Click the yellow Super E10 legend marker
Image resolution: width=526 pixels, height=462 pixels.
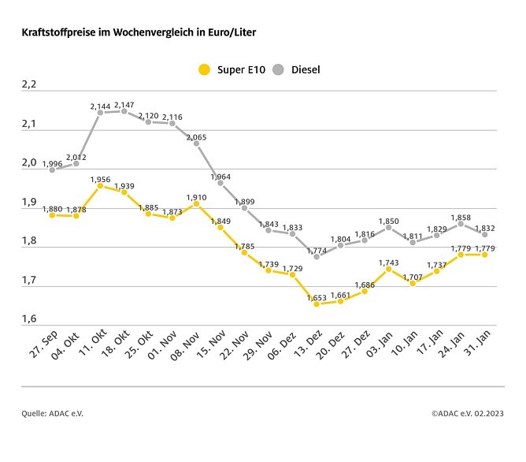point(204,69)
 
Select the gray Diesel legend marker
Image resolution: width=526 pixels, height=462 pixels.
point(278,69)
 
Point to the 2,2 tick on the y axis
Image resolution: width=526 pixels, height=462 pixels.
point(28,84)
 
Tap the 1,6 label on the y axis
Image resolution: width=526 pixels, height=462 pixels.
point(28,319)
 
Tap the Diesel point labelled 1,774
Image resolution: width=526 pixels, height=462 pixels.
point(317,256)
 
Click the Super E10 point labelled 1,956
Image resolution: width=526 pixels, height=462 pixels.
point(100,185)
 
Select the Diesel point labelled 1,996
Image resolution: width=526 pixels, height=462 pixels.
point(52,170)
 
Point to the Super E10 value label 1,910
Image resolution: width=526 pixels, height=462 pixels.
point(196,196)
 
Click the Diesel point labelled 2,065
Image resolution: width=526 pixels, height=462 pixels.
point(196,143)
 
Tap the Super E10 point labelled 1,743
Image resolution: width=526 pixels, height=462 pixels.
point(389,269)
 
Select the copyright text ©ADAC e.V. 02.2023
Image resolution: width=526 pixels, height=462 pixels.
point(468,412)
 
